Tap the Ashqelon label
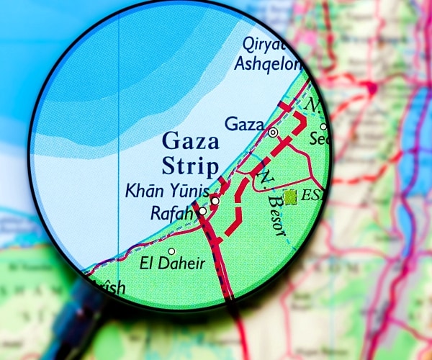point(267,64)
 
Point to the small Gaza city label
point(244,124)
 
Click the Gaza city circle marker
point(273,132)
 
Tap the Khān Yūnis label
point(167,192)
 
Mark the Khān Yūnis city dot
point(215,201)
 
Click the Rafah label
point(172,214)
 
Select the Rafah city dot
point(203,212)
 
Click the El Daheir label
point(174,264)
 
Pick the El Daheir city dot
point(171,251)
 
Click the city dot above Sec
point(323,127)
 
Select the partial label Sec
point(318,140)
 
